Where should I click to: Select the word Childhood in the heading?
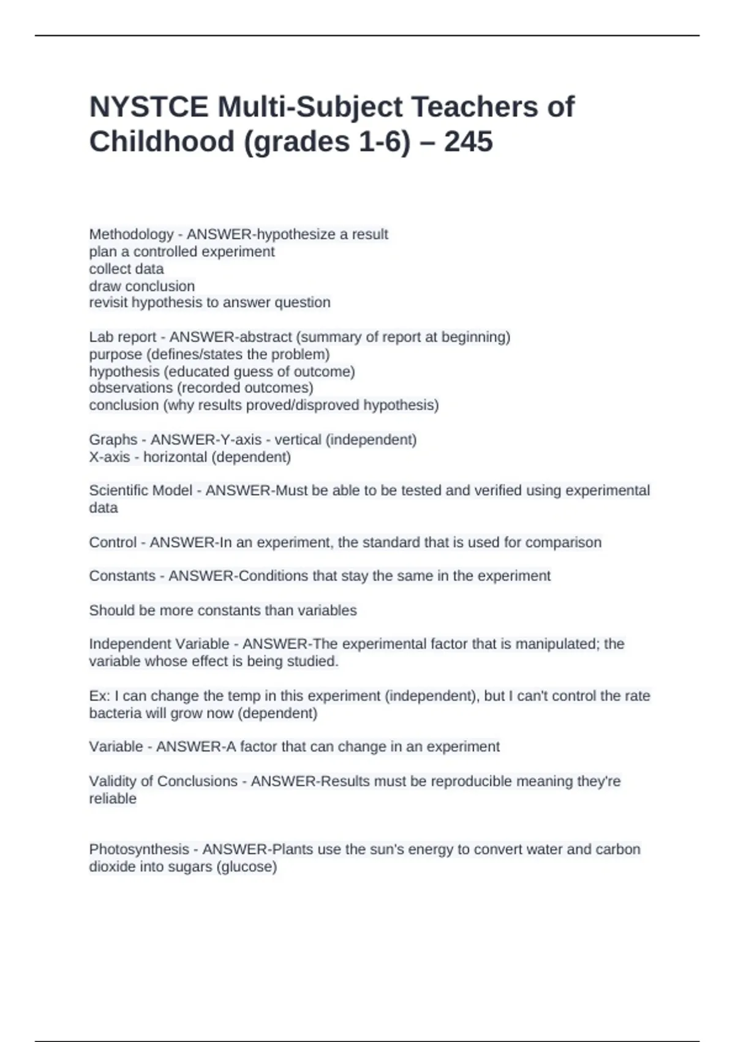pyautogui.click(x=162, y=142)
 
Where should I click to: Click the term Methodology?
pyautogui.click(x=131, y=234)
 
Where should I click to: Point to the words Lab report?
pyautogui.click(x=123, y=337)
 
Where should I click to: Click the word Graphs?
pyautogui.click(x=113, y=439)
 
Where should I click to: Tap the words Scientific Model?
pyautogui.click(x=140, y=490)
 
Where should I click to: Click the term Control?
pyautogui.click(x=113, y=542)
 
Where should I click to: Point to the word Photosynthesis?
pyautogui.click(x=138, y=850)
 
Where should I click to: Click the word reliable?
pyautogui.click(x=113, y=799)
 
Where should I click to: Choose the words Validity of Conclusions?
pyautogui.click(x=163, y=781)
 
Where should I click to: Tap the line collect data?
pyautogui.click(x=126, y=269)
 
